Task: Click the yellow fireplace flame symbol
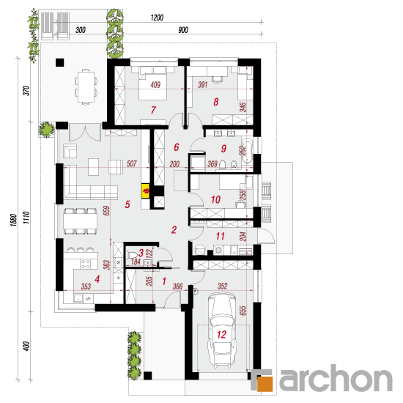[x=146, y=191]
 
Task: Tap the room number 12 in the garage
[x=221, y=334]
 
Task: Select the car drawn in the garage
[x=222, y=330]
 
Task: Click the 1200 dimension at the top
[x=157, y=18]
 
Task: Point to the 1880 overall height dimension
[x=14, y=220]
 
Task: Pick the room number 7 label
[x=153, y=110]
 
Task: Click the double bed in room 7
[x=153, y=83]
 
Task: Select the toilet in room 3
[x=132, y=255]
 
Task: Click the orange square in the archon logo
[x=265, y=384]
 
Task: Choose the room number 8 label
[x=216, y=102]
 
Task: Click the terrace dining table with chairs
[x=86, y=87]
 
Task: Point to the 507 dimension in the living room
[x=132, y=163]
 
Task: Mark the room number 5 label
[x=127, y=204]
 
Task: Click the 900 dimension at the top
[x=183, y=30]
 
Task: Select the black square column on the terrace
[x=59, y=62]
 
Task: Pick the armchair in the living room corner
[x=70, y=151]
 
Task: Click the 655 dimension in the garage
[x=243, y=311]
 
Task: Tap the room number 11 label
[x=220, y=236]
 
